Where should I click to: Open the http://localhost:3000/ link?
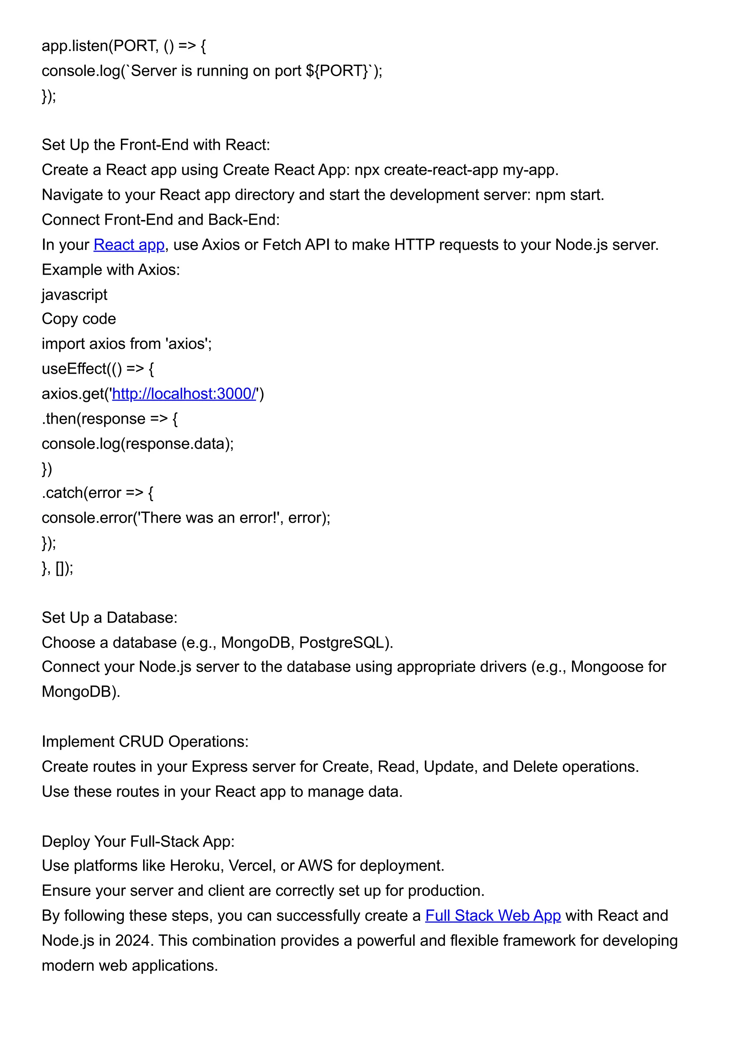[x=184, y=393]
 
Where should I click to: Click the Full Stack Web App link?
[x=493, y=915]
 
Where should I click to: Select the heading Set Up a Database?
[x=109, y=617]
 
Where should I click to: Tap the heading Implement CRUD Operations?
[x=145, y=742]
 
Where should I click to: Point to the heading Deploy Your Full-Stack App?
[x=138, y=841]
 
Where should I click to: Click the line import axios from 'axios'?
[x=127, y=344]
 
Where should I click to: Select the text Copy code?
[x=79, y=319]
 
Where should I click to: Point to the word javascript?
[x=74, y=294]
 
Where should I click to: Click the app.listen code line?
[x=123, y=46]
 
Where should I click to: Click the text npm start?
[x=569, y=195]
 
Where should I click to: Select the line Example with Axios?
[x=111, y=270]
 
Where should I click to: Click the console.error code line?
[x=186, y=518]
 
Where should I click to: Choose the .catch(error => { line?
[x=97, y=493]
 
